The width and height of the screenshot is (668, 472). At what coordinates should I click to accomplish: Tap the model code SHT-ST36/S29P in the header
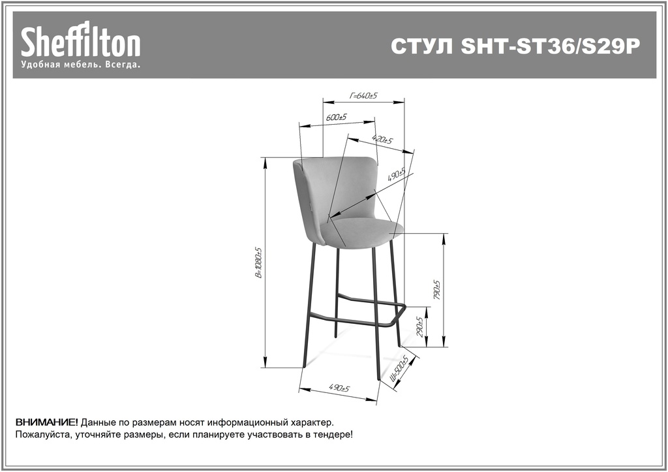551,46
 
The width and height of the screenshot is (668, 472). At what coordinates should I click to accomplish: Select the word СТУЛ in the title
422,46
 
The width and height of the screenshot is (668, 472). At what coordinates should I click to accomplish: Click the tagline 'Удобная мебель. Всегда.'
81,65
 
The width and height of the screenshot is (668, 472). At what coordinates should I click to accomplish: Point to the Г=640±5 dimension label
363,95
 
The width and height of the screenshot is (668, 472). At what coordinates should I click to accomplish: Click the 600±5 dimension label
337,117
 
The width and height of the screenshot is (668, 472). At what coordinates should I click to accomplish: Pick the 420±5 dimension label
382,140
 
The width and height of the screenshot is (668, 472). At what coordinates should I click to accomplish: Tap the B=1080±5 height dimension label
258,262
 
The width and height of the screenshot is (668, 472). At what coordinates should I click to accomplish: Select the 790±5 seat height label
436,290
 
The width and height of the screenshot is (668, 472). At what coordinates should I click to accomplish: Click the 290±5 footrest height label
419,327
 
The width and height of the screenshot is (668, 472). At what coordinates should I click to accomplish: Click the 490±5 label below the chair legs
339,388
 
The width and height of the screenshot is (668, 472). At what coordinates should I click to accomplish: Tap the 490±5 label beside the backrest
396,174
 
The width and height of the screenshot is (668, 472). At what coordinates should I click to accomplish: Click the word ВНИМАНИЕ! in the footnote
47,422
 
